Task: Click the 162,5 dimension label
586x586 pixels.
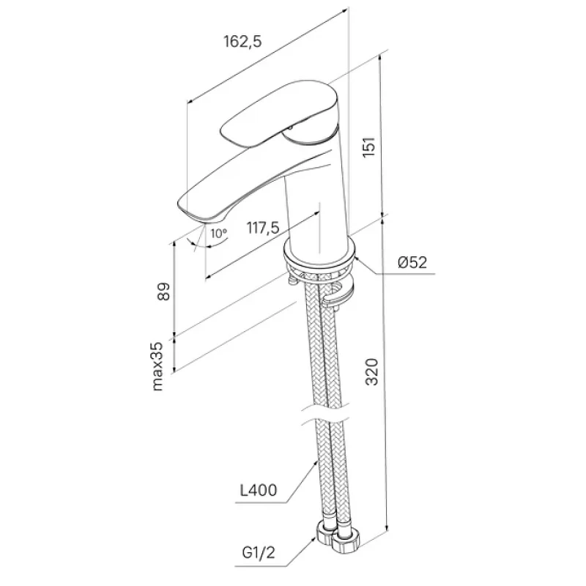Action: (x=242, y=41)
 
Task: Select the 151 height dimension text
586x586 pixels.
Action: (x=369, y=147)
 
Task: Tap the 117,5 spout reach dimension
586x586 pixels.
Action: (x=263, y=227)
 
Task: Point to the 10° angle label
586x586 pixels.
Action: (x=218, y=234)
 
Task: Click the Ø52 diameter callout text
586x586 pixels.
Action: (x=412, y=262)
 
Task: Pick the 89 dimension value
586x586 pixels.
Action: (x=163, y=292)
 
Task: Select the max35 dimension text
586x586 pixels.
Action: (x=158, y=366)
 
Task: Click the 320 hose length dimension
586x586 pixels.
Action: (x=372, y=371)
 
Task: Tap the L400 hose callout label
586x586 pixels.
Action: (x=259, y=490)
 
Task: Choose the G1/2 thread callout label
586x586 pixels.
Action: (x=259, y=552)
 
